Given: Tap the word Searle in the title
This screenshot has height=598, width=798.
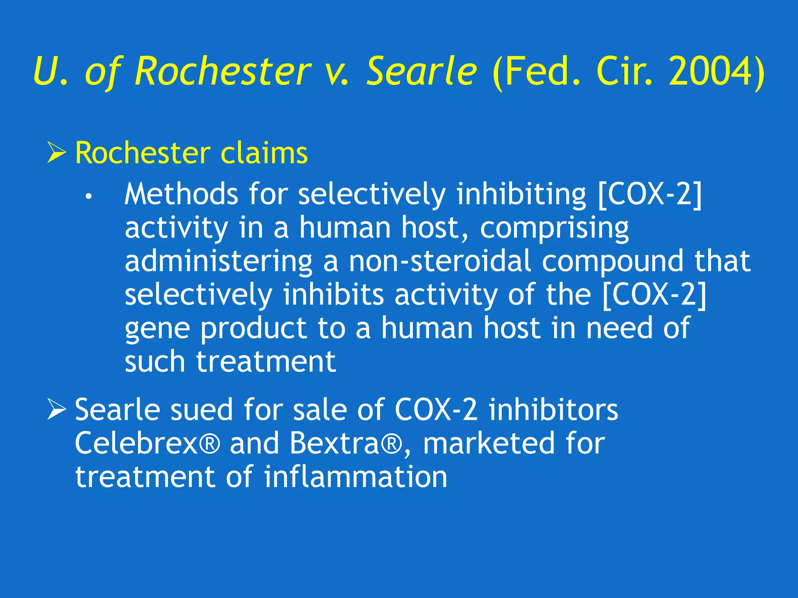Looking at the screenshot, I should coord(422,72).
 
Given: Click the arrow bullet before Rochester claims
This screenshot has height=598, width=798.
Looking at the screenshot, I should coord(56,153).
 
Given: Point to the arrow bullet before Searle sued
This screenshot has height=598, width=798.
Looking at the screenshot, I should coord(56,410).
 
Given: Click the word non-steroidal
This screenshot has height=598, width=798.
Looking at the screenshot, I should coord(440,261).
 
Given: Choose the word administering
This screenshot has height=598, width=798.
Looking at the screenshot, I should coord(218,262).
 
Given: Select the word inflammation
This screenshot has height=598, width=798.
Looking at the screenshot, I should coord(355,477).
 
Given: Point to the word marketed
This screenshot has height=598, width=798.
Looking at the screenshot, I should coord(489,443).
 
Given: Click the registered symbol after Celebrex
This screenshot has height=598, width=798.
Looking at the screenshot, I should coord(210,443).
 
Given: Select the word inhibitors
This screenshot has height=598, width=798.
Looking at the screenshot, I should coord(553,410).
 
